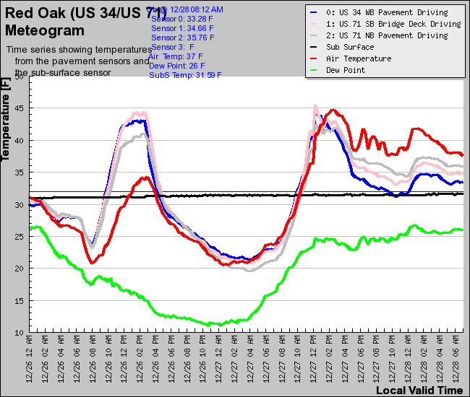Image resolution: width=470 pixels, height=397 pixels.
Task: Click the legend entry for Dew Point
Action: pyautogui.click(x=345, y=70)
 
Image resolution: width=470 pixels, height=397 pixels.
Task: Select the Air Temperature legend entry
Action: pyautogui.click(x=359, y=58)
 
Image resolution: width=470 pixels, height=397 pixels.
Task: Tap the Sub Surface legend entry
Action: pyautogui.click(x=350, y=47)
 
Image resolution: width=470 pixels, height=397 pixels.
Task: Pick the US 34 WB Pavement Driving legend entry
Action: pyautogui.click(x=387, y=12)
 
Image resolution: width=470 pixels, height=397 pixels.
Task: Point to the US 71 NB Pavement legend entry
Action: pyautogui.click(x=387, y=35)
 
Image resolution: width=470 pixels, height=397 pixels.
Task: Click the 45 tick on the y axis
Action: pyautogui.click(x=20, y=108)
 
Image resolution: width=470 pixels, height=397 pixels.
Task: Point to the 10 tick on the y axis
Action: pyautogui.click(x=20, y=332)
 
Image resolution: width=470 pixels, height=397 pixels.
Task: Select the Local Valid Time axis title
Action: pyautogui.click(x=419, y=390)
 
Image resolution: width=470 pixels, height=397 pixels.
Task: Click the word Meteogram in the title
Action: pyautogui.click(x=44, y=30)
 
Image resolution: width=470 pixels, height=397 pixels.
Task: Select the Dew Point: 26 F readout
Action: pyautogui.click(x=176, y=65)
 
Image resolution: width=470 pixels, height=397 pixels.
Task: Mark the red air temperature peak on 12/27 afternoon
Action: pyautogui.click(x=333, y=110)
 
